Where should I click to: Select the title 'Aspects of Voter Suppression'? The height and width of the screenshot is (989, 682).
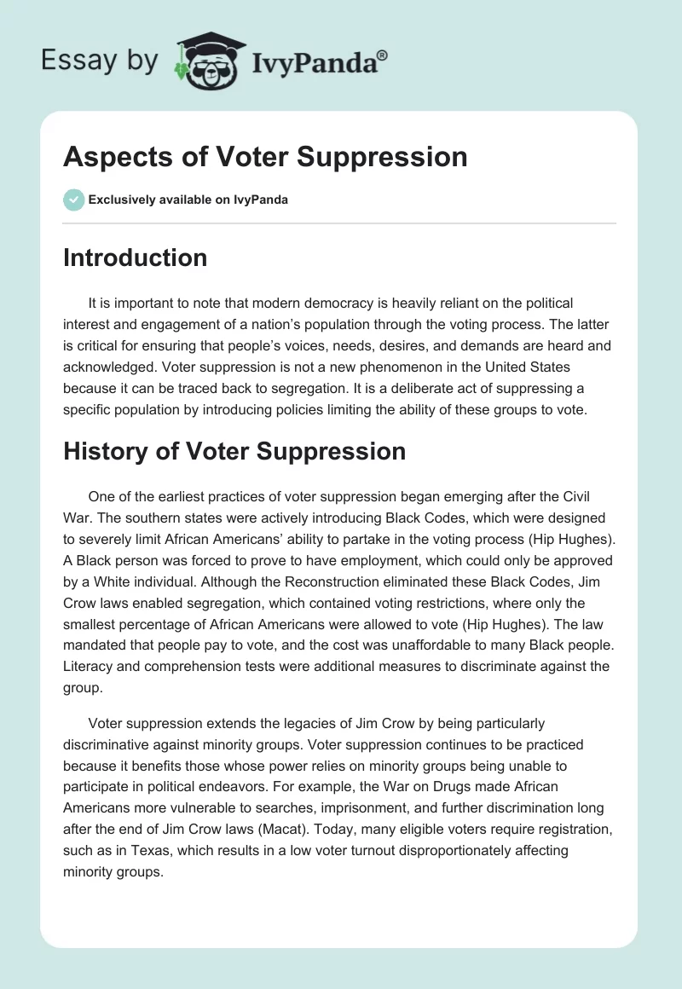265,157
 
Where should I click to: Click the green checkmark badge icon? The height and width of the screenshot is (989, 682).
73,200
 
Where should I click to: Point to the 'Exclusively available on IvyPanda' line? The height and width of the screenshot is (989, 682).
188,200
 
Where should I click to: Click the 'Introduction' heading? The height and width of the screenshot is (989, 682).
135,257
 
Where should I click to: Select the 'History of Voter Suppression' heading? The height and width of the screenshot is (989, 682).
234,451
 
